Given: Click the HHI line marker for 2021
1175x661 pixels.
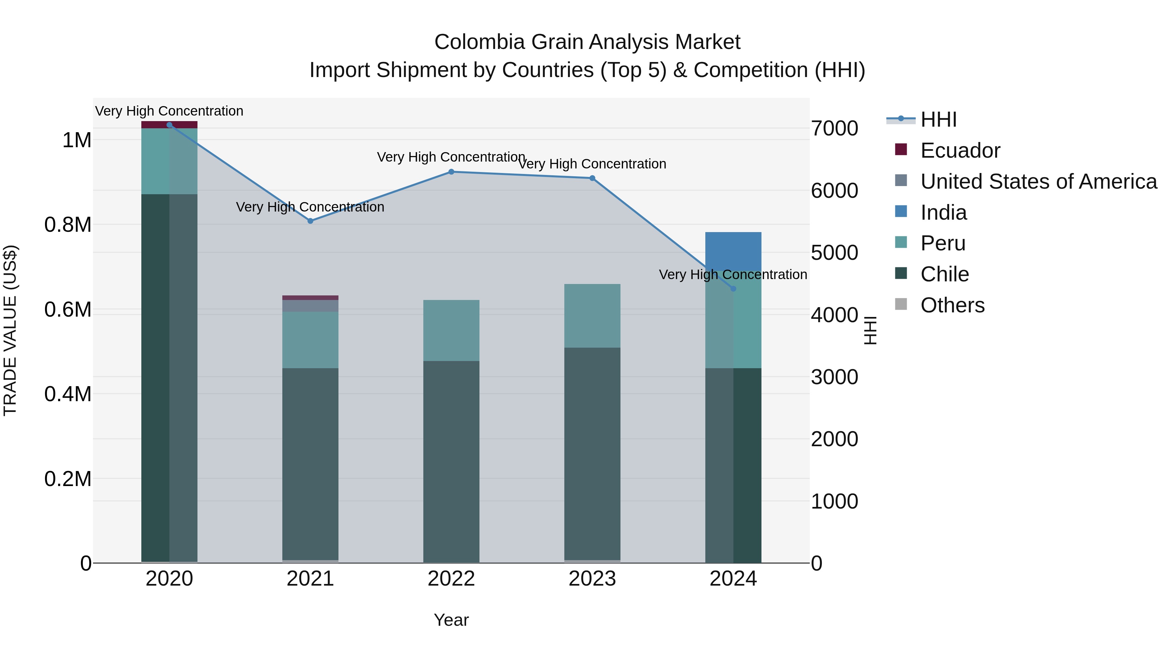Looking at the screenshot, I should tap(310, 221).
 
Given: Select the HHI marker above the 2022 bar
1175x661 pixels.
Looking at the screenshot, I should tap(451, 172).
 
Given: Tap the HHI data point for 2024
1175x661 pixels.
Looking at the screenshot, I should tap(733, 289).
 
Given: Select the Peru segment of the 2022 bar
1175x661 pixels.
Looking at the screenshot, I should tap(451, 330).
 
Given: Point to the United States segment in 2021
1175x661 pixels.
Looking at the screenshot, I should tap(310, 306).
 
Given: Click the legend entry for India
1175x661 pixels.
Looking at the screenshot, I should tap(943, 212).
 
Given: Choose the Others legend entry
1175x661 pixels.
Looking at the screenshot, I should tap(952, 305).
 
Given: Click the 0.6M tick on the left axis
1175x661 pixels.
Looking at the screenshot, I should tap(68, 310).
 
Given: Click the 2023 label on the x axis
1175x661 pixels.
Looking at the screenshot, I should tap(592, 579).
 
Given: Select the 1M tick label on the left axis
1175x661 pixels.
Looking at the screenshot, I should tap(77, 140).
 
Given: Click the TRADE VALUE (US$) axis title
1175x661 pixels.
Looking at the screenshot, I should tap(10, 330).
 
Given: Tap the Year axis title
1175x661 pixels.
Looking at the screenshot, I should tap(451, 620).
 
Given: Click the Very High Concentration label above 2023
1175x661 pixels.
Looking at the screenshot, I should tap(592, 164).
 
